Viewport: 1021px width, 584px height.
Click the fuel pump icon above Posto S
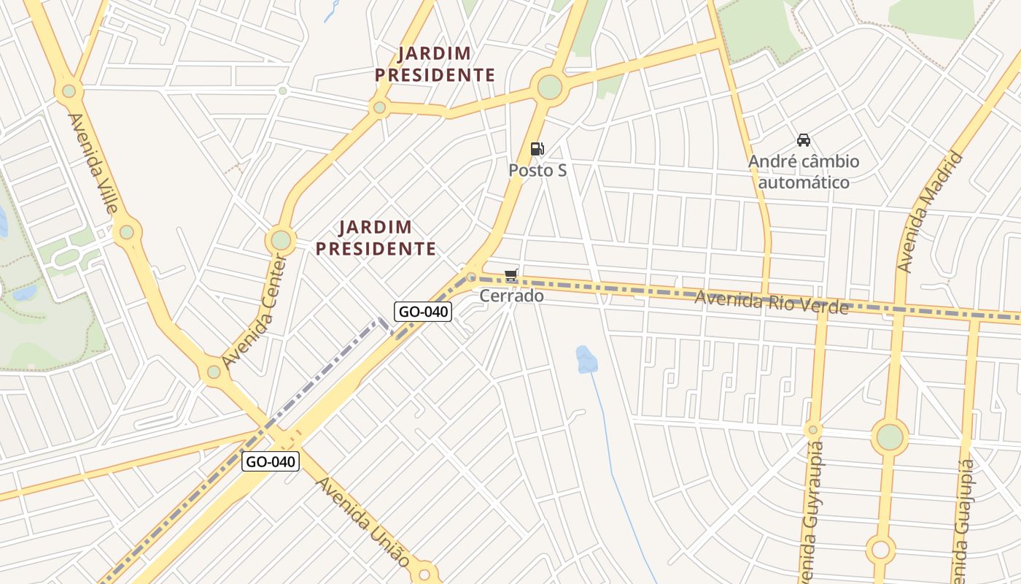[x=537, y=149]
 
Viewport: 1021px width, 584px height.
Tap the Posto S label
[x=537, y=170]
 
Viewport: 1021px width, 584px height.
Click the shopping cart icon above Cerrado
[x=511, y=275]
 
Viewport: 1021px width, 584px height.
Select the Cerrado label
[x=511, y=296]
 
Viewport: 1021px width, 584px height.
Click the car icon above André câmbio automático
[x=804, y=140]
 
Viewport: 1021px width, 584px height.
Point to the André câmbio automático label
[x=804, y=172]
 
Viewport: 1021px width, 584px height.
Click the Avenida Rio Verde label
[x=771, y=301]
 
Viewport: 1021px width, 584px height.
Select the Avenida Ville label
[x=93, y=162]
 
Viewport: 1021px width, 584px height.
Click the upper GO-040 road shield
[x=424, y=312]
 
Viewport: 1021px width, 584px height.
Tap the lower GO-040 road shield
[x=271, y=461]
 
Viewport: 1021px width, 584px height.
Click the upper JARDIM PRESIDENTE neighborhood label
[x=435, y=64]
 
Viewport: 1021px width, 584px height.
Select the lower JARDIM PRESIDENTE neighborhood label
[x=376, y=238]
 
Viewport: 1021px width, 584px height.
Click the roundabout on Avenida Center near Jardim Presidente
[x=281, y=239]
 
